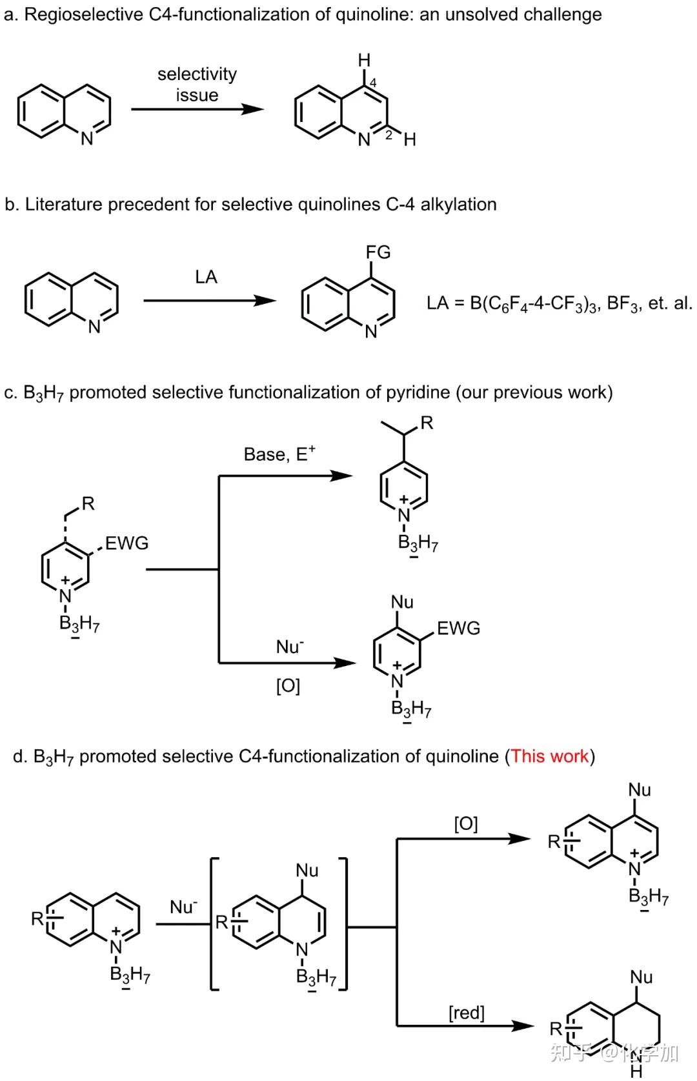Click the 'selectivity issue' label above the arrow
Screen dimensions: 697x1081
point(197,85)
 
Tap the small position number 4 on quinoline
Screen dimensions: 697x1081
point(372,83)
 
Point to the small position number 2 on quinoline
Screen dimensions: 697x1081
point(389,136)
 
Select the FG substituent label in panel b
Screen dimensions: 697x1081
point(378,252)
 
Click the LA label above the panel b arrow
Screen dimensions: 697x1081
point(206,277)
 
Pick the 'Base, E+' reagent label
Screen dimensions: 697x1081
point(279,454)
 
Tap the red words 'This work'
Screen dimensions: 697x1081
point(550,756)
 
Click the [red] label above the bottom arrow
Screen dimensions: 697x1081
point(466,1013)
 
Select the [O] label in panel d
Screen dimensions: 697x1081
point(466,823)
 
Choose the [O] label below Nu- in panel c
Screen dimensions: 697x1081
point(288,685)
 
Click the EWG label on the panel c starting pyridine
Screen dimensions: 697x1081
point(127,543)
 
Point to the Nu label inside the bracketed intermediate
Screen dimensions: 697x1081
point(307,870)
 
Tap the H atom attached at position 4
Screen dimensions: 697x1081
point(365,60)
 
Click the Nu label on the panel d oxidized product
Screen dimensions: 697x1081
point(640,789)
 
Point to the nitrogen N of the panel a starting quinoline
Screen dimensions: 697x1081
point(87,139)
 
